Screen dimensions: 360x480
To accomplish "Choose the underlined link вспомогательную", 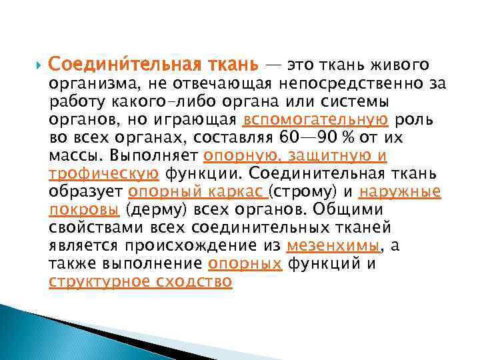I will [316, 120].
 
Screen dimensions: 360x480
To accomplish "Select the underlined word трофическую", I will [104, 174].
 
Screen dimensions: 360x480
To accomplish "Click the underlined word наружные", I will [399, 192].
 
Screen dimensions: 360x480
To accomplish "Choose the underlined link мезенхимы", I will [333, 246].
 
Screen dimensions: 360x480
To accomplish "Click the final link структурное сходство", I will [141, 282].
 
